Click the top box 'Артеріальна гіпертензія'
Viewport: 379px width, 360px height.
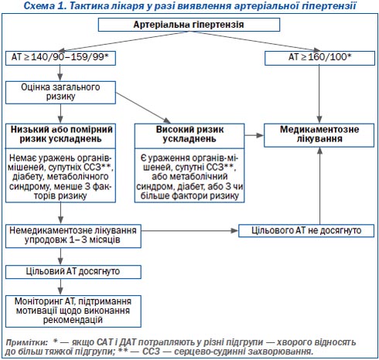189,25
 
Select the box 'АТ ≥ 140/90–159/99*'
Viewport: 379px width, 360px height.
60,58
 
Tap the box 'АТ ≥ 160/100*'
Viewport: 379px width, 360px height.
319,58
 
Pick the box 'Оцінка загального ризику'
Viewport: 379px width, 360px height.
60,93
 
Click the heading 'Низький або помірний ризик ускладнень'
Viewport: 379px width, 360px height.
61,134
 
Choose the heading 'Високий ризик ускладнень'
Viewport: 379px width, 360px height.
189,134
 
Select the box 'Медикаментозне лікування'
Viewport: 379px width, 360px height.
319,135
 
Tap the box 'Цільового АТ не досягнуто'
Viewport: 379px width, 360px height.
306,231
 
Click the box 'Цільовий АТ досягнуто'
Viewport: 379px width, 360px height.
73,272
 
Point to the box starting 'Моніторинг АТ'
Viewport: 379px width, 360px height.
73,311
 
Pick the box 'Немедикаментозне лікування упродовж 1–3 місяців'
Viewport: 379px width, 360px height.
73,236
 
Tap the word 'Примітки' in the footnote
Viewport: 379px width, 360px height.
26,342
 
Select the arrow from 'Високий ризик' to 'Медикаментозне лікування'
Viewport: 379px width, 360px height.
254,135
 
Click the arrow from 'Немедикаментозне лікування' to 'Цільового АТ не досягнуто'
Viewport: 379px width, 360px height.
189,231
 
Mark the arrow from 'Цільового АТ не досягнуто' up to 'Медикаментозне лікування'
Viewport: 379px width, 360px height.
319,186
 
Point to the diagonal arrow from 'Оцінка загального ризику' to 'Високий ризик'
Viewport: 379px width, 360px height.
143,108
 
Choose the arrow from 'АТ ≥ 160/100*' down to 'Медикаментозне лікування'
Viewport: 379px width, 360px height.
319,94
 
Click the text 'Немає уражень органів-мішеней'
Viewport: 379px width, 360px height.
60,163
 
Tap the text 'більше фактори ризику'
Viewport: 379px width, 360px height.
189,196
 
